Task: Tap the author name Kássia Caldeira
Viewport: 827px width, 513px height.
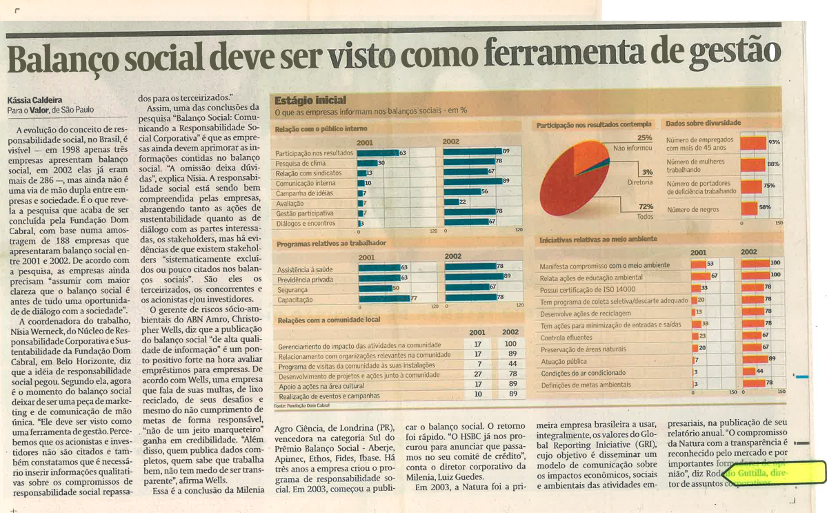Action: click(35, 99)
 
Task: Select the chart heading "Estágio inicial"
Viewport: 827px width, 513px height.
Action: click(310, 100)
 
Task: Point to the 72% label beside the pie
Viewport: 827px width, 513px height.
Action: click(646, 206)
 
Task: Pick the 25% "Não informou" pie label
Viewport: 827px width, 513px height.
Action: click(644, 138)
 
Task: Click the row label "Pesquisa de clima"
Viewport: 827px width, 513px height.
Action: click(301, 163)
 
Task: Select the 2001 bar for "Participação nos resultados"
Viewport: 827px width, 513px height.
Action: click(377, 152)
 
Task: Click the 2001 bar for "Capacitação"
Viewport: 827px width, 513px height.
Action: click(384, 299)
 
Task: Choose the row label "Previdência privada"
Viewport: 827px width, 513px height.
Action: click(304, 279)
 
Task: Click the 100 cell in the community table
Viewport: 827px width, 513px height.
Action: click(510, 343)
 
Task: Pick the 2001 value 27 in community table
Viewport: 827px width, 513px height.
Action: click(478, 374)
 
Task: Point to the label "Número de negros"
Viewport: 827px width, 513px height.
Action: click(693, 209)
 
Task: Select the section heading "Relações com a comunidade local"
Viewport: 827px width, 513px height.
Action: click(328, 321)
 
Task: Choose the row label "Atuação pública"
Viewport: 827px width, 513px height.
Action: click(564, 361)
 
